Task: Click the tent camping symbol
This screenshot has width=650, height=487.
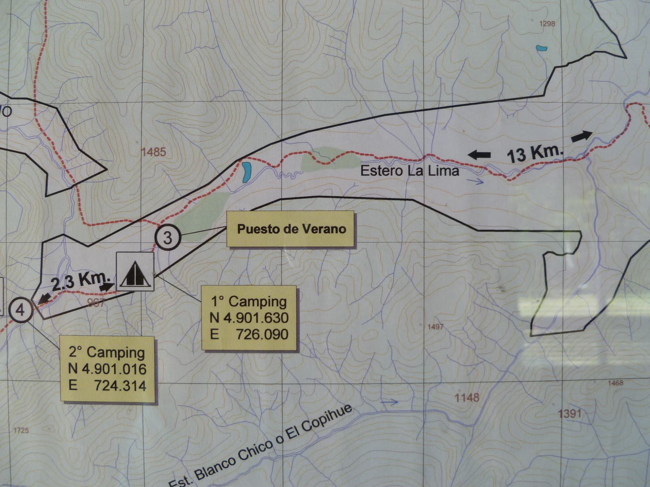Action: coord(135,272)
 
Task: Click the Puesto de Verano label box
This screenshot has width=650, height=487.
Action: coord(291,229)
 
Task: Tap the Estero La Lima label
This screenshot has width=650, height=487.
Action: coord(409,171)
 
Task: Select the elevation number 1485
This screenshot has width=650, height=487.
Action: coord(154,152)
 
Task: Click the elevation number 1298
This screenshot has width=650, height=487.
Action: coord(546,24)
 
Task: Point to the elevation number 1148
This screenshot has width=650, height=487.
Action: coord(467,397)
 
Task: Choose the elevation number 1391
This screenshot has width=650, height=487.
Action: coord(570,414)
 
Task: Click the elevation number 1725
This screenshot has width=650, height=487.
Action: coord(21,430)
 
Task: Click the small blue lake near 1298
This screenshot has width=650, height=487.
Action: coord(541,48)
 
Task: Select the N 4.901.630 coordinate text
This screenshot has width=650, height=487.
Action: coord(249,317)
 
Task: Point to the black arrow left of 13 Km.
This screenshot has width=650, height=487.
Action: coord(479,154)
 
